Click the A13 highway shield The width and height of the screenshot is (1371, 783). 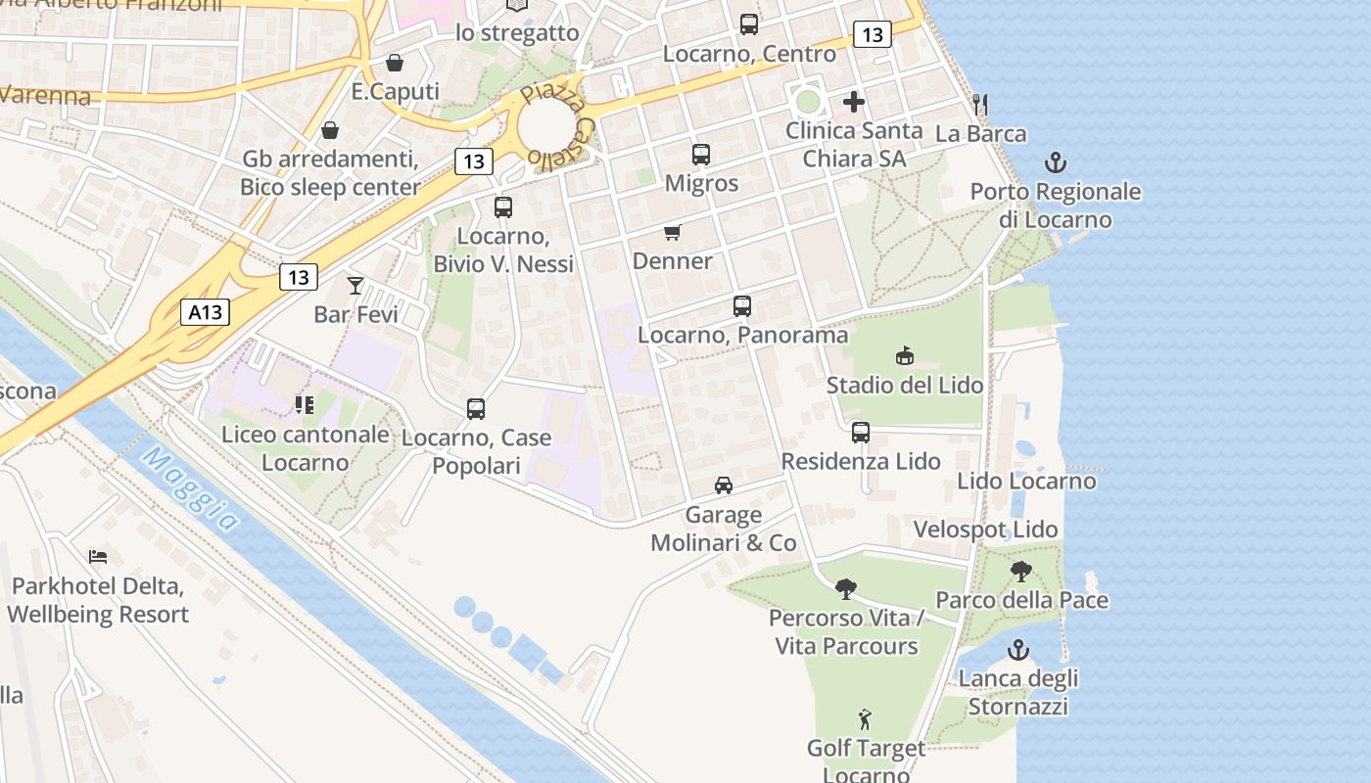click(206, 313)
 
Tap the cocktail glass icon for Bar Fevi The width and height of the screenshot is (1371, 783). click(355, 286)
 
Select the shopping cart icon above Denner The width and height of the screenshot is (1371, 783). click(672, 233)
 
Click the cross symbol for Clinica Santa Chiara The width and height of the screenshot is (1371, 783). click(854, 102)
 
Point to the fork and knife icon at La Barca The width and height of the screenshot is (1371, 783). click(980, 105)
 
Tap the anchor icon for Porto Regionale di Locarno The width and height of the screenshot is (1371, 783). click(1056, 162)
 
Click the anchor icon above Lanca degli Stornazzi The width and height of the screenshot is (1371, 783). click(1018, 650)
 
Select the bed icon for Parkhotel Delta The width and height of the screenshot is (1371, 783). click(98, 557)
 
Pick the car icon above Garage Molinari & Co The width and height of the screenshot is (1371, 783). click(724, 485)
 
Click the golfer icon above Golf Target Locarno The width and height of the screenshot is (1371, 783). click(866, 720)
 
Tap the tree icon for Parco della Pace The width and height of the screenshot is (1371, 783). click(1021, 572)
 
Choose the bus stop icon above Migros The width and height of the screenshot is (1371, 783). click(701, 155)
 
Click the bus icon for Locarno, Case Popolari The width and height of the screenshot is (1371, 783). click(476, 409)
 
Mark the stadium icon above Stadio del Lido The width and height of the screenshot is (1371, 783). click(904, 356)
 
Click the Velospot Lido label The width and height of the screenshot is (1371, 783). click(985, 530)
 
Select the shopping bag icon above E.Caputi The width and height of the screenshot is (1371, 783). click(394, 64)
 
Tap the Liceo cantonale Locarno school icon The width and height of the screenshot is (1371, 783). click(304, 404)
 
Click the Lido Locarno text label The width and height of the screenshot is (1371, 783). click(1026, 482)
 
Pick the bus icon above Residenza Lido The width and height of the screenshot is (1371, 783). click(861, 433)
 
